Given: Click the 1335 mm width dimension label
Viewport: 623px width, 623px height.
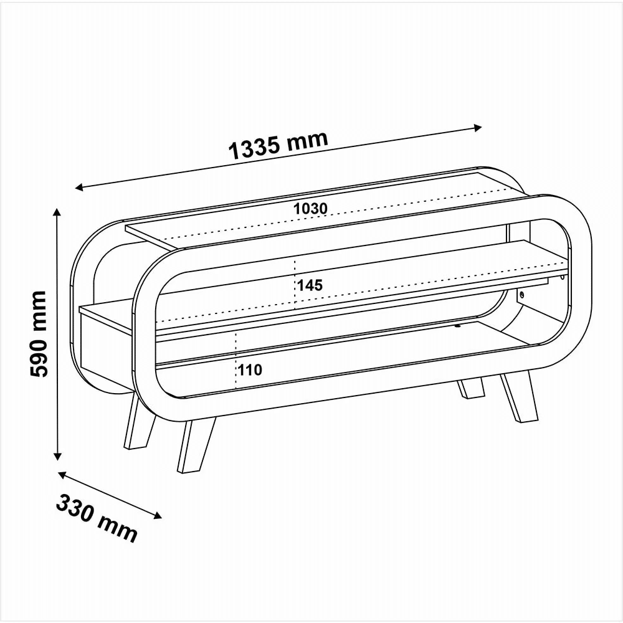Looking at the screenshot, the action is point(278,144).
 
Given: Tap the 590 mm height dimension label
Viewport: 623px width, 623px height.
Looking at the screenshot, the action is point(39,334).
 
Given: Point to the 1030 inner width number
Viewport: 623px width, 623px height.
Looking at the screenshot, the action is point(310,208).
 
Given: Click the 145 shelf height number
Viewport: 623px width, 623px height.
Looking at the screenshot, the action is point(310,285).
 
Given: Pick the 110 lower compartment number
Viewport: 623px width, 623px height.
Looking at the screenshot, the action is point(250,370).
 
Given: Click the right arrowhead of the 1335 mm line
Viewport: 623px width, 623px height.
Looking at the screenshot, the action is point(478,128).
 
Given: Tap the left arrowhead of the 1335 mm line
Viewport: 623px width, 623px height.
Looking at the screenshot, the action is point(79,187).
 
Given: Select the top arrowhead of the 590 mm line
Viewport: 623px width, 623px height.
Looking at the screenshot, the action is point(57,212).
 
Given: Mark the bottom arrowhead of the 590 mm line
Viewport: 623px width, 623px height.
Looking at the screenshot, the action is point(57,456).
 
